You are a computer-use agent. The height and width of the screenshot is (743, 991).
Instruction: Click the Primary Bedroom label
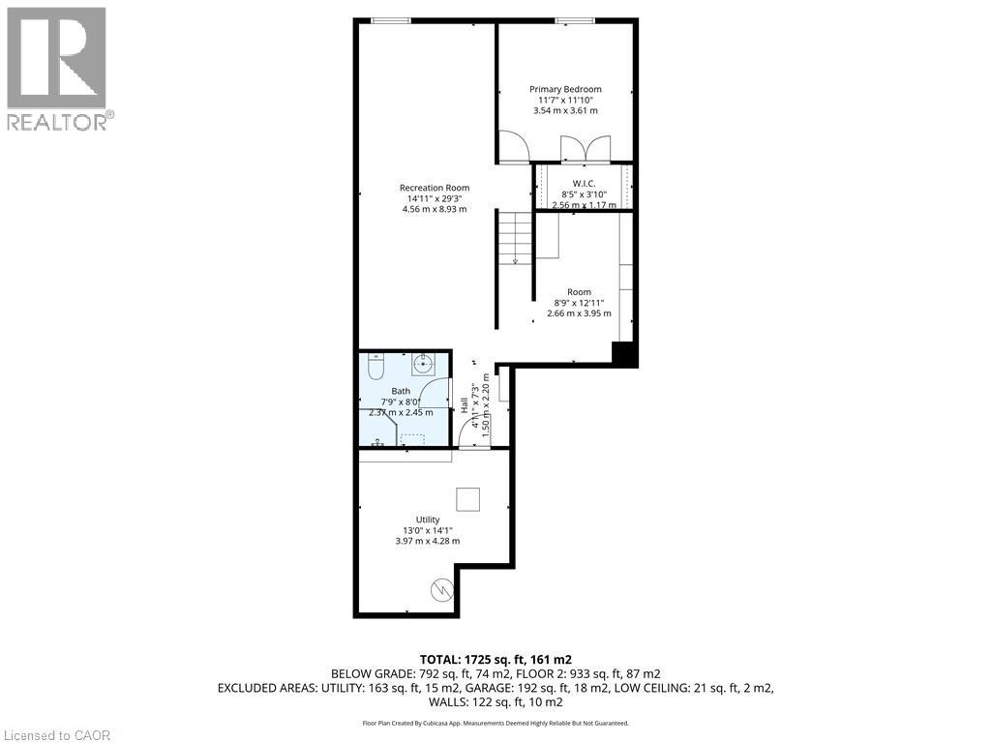coord(565,89)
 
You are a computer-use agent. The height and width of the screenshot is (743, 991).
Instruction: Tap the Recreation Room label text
coord(435,188)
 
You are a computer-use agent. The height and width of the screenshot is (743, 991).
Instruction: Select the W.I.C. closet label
coord(584,183)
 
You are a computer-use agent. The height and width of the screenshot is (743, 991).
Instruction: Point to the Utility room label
coord(428,520)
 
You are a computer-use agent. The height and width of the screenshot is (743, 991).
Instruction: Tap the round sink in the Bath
coord(423,365)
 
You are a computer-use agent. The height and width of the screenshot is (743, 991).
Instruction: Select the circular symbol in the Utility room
coord(440,588)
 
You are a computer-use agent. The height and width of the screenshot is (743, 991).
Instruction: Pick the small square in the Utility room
coord(468,498)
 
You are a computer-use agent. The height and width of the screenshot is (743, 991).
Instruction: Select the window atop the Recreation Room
coord(389,19)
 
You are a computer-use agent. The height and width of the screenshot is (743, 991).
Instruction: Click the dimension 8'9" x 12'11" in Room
coord(580,303)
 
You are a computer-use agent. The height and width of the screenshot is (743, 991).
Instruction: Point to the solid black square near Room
coord(625,354)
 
